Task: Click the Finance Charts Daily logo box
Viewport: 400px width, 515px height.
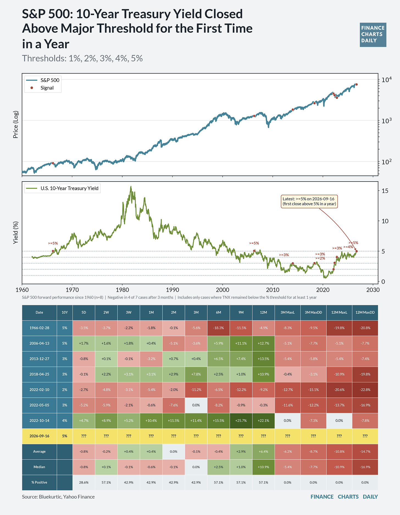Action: tap(373, 35)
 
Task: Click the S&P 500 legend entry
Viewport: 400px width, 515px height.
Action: tap(43, 80)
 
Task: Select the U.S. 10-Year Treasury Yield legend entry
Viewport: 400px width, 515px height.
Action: tap(62, 188)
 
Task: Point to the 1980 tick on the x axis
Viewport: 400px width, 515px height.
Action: tap(122, 290)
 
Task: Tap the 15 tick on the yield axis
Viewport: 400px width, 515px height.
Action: tap(385, 191)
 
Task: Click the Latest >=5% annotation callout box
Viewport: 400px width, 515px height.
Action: tap(309, 201)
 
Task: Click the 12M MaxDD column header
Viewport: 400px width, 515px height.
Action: tap(365, 312)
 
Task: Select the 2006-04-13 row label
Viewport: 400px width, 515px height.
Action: tap(39, 343)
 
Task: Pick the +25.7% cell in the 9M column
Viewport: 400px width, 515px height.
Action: tap(241, 421)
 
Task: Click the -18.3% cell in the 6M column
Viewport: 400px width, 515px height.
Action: tap(218, 328)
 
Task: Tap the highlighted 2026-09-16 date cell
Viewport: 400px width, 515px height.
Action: tap(39, 436)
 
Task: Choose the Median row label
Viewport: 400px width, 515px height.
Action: tap(39, 467)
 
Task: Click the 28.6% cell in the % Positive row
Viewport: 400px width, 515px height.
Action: tap(84, 482)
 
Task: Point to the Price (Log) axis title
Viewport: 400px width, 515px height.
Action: tap(16, 124)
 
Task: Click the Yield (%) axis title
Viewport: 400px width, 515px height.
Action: tap(16, 233)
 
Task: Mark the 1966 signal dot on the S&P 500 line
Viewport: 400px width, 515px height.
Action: tap(53, 163)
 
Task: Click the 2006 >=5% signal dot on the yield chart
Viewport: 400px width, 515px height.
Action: tap(254, 251)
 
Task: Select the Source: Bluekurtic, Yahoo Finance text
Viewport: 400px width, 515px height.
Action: tap(58, 497)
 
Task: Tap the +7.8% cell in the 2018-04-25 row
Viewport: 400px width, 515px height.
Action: tap(196, 374)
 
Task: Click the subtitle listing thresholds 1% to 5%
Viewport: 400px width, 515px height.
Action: tap(82, 58)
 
